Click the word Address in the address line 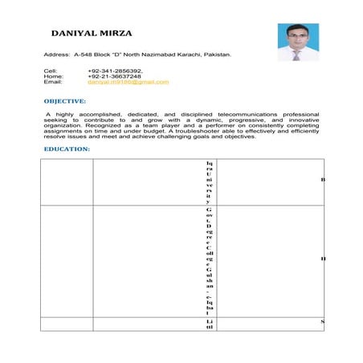[55, 55]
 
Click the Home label [51, 76]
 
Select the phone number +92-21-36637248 [115, 76]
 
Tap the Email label [52, 82]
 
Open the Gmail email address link [128, 82]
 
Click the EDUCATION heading [67, 149]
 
